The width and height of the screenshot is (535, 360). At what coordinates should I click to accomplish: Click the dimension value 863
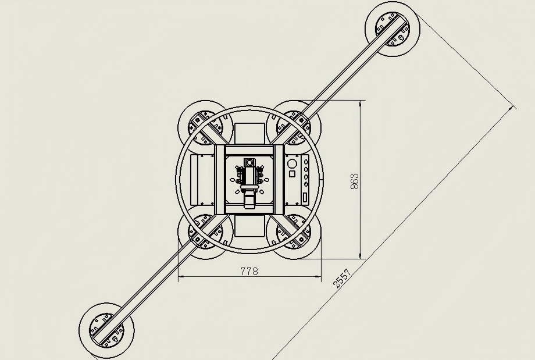click(355, 181)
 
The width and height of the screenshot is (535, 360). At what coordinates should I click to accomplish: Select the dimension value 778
click(249, 271)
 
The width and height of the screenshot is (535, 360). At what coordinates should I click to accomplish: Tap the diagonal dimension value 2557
click(342, 279)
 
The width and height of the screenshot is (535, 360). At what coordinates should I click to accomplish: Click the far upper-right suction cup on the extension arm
click(393, 29)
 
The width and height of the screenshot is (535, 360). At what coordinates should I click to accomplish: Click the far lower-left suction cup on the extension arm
click(106, 330)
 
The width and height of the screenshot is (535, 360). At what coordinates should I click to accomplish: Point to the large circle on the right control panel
click(292, 164)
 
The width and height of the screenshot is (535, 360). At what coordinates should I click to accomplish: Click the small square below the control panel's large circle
click(292, 174)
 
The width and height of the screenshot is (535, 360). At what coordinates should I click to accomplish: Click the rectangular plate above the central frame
click(249, 134)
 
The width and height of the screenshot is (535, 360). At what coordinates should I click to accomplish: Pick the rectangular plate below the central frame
click(249, 225)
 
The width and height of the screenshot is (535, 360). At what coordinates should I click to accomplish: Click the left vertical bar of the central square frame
click(220, 180)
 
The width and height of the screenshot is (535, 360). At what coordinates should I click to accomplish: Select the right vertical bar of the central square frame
click(279, 180)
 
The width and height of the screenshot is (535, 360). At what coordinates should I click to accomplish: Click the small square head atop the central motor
click(249, 162)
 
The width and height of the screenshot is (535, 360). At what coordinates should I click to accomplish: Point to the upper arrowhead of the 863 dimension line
click(361, 103)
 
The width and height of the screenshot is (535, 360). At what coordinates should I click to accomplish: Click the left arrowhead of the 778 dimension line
click(181, 276)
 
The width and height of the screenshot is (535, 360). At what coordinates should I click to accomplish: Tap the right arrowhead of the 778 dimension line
click(318, 276)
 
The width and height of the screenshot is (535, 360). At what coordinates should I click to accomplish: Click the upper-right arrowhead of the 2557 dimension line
click(511, 108)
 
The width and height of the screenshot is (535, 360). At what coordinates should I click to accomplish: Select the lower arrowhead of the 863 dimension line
click(361, 256)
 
